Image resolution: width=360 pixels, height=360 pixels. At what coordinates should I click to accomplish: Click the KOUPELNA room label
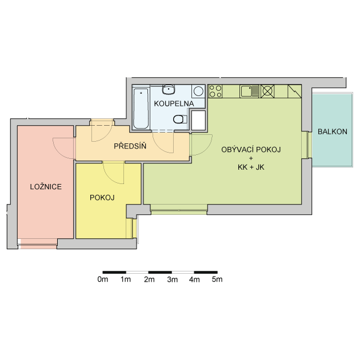click(174, 103)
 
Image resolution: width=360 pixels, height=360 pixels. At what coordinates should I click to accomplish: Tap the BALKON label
click(332, 131)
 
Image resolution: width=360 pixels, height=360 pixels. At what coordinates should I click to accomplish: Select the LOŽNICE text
click(46, 187)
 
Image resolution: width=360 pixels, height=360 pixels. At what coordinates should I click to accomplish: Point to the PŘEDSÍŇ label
click(130, 146)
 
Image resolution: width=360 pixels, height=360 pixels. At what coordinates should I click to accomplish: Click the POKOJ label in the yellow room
click(102, 198)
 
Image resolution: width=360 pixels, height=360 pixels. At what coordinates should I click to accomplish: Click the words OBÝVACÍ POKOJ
click(251, 150)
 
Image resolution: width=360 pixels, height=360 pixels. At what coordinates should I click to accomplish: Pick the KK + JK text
click(251, 167)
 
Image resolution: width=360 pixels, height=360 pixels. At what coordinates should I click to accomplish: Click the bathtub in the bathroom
click(141, 109)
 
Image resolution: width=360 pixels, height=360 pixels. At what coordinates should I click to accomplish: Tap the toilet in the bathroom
click(180, 119)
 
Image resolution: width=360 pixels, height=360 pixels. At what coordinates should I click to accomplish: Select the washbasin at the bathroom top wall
click(169, 90)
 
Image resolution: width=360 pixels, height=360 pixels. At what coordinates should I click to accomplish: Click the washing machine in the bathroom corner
click(198, 91)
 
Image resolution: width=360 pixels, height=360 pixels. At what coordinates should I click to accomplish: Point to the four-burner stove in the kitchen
click(215, 91)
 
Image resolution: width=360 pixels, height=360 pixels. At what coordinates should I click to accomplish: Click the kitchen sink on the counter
click(250, 91)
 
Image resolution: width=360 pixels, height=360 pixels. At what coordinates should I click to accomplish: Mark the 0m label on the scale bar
click(103, 279)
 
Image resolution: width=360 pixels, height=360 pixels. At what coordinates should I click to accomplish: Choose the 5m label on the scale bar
click(217, 279)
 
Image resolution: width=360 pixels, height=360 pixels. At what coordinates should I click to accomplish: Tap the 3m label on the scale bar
click(172, 279)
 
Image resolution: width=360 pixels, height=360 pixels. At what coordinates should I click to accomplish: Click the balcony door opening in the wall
click(306, 145)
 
